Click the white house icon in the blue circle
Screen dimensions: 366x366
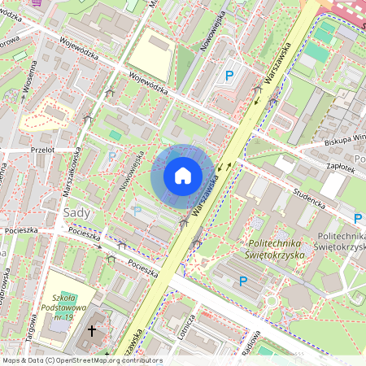(x=183, y=175)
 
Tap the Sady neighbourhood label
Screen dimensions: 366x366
(x=77, y=213)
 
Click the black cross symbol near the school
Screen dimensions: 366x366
(x=92, y=331)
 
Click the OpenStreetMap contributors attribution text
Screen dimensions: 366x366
(x=81, y=360)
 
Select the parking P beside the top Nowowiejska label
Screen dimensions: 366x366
(x=230, y=76)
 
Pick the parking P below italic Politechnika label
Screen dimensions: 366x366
(x=242, y=281)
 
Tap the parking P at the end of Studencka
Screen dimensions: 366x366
(x=358, y=219)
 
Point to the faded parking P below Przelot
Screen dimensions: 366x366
(x=111, y=155)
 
